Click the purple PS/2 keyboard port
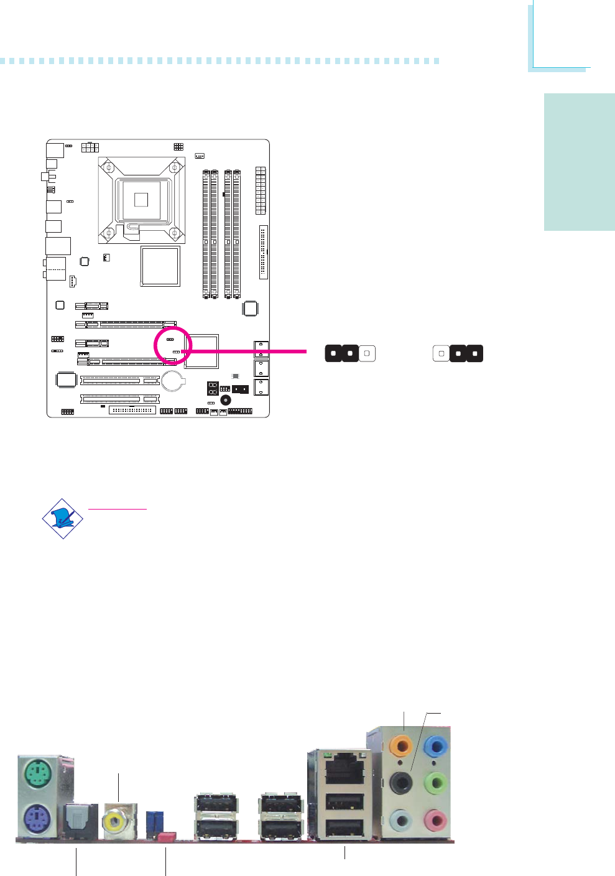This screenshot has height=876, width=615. click(x=38, y=816)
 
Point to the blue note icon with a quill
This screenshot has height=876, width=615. click(x=63, y=518)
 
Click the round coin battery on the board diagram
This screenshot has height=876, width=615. click(x=173, y=381)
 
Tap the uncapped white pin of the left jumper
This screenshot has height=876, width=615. click(x=367, y=353)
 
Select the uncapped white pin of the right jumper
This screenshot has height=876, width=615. click(x=441, y=353)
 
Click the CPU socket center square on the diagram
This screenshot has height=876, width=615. click(x=141, y=199)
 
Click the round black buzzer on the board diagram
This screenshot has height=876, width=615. click(x=226, y=401)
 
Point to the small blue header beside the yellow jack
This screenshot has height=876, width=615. click(x=152, y=822)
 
